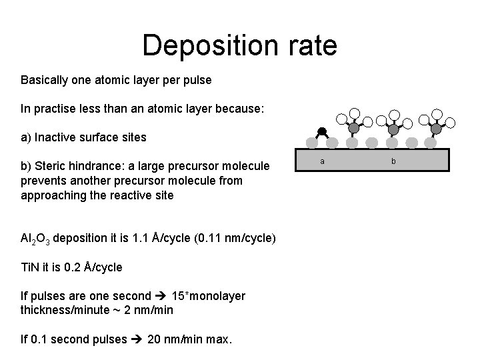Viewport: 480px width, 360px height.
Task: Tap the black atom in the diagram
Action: click(x=321, y=131)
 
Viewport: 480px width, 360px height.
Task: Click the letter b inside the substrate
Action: click(x=393, y=161)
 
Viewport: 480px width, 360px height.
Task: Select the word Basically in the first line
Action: click(x=45, y=80)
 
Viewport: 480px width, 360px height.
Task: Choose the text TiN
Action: click(x=29, y=267)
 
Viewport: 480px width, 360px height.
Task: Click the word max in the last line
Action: click(x=218, y=339)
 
